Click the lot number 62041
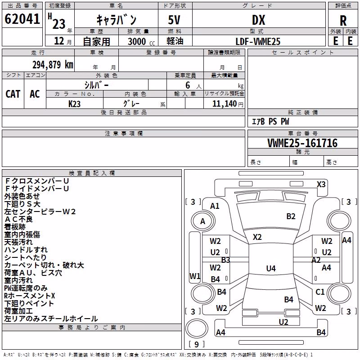pos(22,19)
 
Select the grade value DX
pos(258,20)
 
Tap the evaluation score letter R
pos(343,21)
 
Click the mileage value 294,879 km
pos(53,65)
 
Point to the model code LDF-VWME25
pos(258,41)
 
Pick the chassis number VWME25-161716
pos(302,143)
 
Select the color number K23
pos(74,104)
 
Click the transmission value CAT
pos(13,94)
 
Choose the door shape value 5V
pos(174,20)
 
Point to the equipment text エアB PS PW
pos(270,121)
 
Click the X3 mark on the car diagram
pos(321,184)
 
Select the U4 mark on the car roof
pos(271,268)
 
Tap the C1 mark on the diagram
pos(320,292)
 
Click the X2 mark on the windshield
pos(257,237)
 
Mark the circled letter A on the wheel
pos(202,221)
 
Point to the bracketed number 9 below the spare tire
pos(197,344)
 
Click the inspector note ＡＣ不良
pos(18,219)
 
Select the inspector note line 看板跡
pos(15,227)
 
